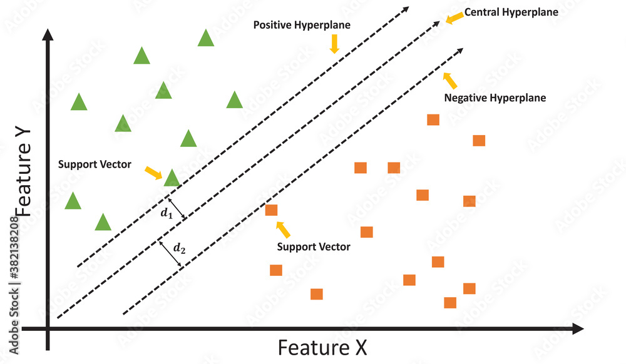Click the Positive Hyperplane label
pyautogui.click(x=302, y=25)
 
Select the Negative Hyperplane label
pyautogui.click(x=495, y=98)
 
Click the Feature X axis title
pyautogui.click(x=322, y=347)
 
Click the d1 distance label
pyautogui.click(x=165, y=213)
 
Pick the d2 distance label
pyautogui.click(x=179, y=249)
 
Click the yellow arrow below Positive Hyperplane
pyautogui.click(x=334, y=43)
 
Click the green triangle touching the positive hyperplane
pyautogui.click(x=172, y=178)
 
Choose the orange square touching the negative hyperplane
pyautogui.click(x=271, y=210)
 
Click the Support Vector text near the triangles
pyautogui.click(x=95, y=164)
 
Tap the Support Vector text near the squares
pyautogui.click(x=314, y=247)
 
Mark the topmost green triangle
pyautogui.click(x=206, y=39)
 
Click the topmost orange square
pyautogui.click(x=433, y=119)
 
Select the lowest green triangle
pyautogui.click(x=103, y=223)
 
